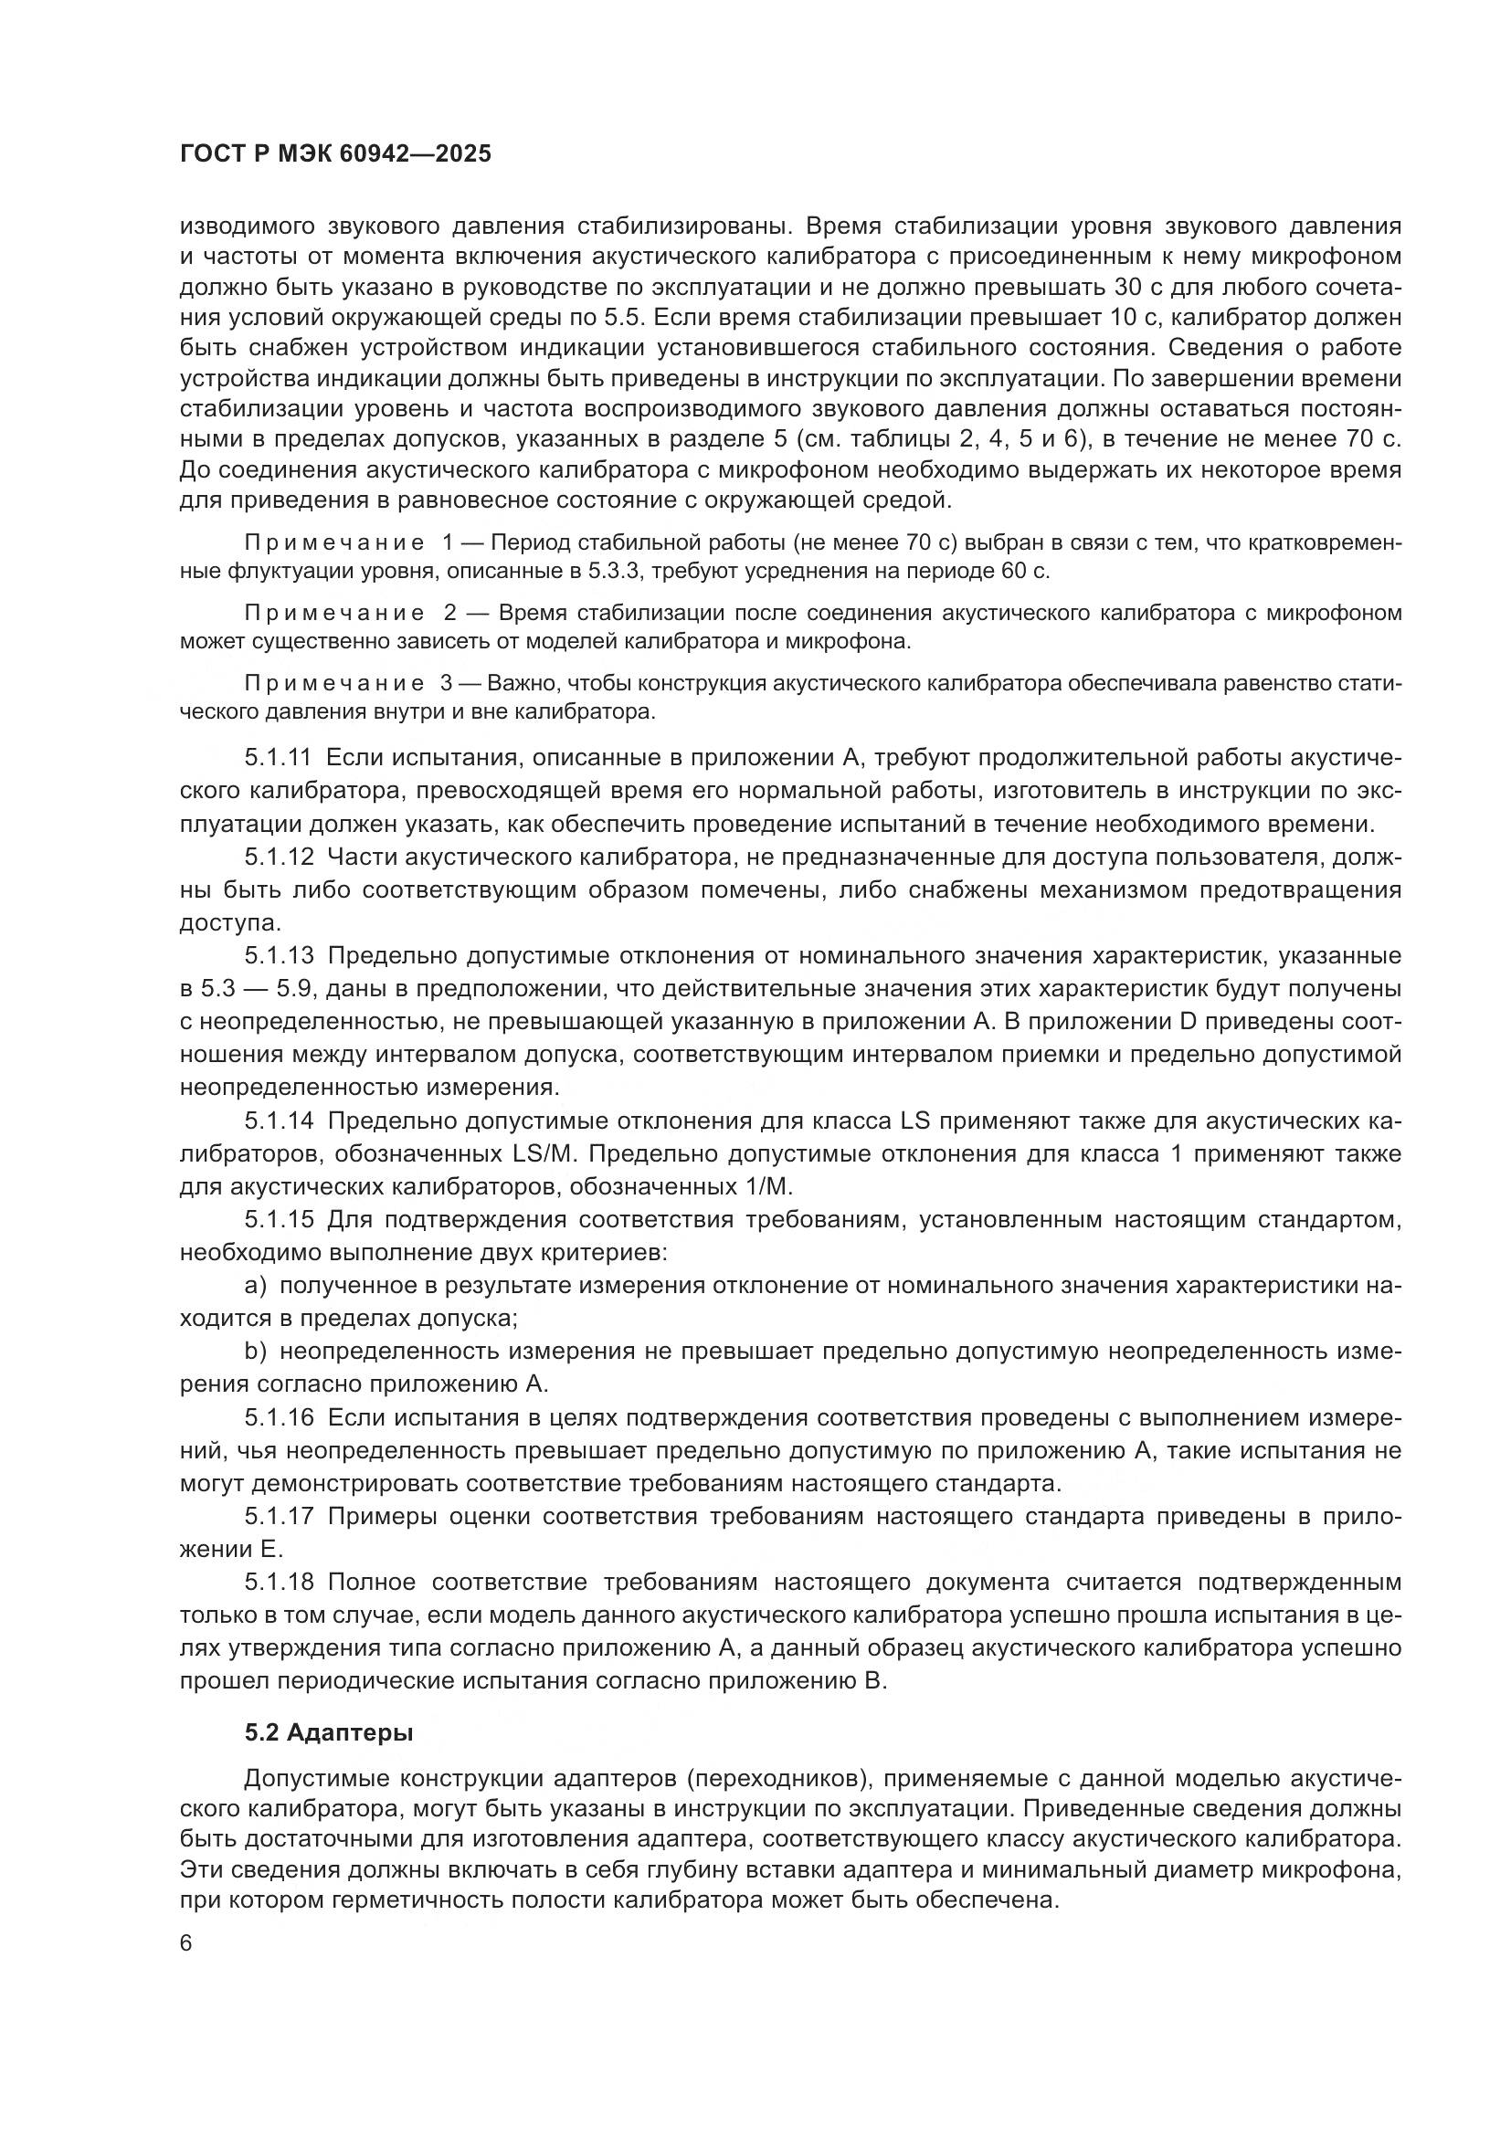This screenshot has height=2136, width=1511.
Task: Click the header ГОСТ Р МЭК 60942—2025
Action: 335,154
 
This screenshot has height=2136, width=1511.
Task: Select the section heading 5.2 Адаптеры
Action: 330,1732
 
